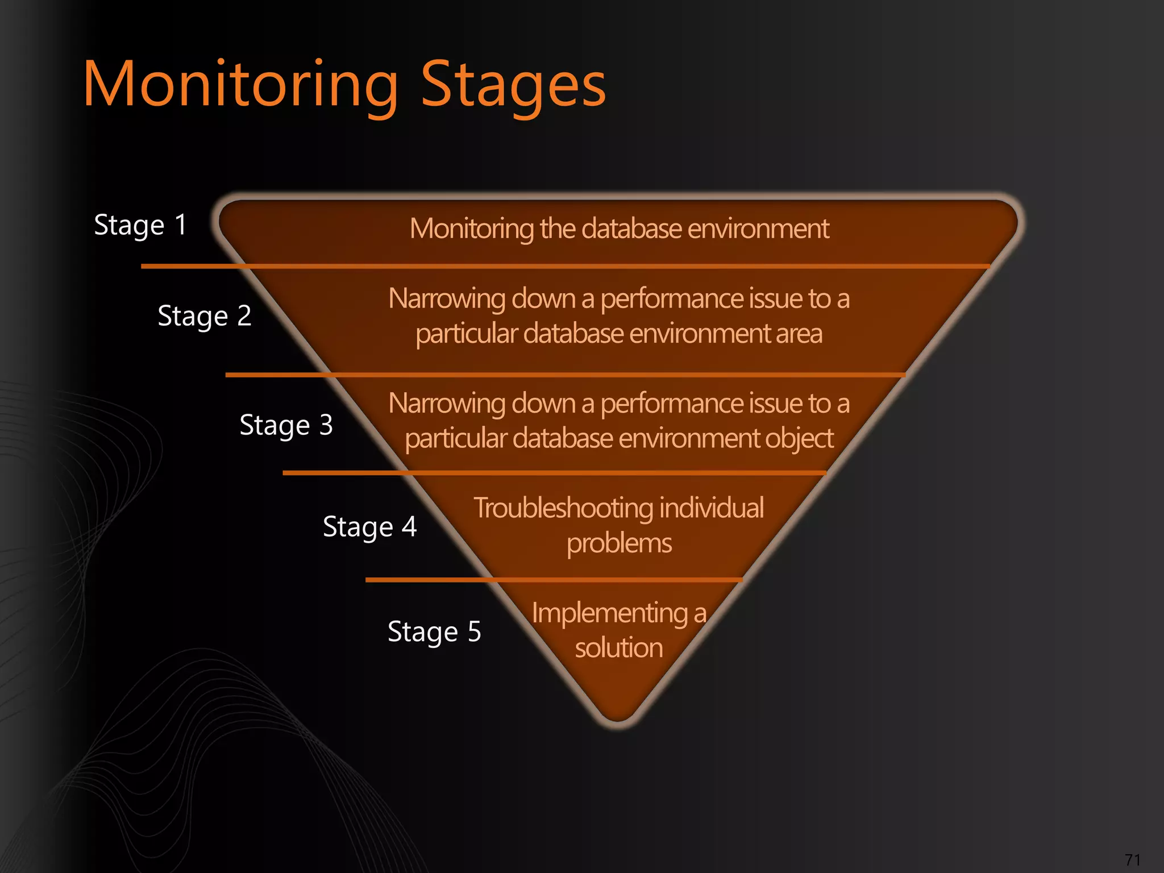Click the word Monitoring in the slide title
[241, 85]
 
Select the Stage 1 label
[140, 225]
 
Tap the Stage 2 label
[204, 316]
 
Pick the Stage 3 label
[286, 425]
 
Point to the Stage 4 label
[369, 527]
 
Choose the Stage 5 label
[434, 631]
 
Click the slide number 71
[1132, 859]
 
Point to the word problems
[619, 543]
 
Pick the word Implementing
[610, 613]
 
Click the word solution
[619, 648]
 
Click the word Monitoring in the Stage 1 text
[472, 229]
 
